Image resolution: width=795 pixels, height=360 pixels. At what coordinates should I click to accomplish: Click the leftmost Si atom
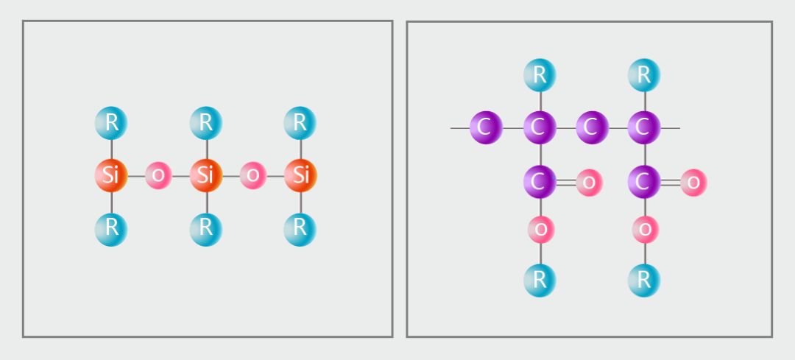(111, 175)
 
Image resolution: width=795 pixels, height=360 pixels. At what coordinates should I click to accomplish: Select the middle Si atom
(205, 175)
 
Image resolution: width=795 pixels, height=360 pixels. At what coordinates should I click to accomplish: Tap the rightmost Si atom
(300, 175)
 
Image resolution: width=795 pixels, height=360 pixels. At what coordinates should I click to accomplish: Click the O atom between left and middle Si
(158, 175)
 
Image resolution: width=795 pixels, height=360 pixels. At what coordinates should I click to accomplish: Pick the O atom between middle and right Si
(252, 175)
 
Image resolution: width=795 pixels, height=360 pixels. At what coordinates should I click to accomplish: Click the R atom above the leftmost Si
(111, 123)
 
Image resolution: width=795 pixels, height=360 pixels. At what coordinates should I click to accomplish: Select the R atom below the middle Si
(205, 229)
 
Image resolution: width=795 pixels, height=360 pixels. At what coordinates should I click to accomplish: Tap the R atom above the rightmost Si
(300, 123)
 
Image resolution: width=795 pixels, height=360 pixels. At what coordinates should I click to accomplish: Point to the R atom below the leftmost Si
(111, 229)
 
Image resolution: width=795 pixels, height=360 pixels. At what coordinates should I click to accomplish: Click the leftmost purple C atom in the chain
(486, 127)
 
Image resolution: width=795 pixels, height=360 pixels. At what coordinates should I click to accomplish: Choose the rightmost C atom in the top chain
(644, 127)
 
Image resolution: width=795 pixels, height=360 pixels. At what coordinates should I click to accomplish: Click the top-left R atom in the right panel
(540, 75)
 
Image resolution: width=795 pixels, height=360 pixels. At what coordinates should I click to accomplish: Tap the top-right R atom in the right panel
(644, 75)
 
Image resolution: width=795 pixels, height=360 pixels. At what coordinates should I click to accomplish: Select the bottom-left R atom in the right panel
(540, 280)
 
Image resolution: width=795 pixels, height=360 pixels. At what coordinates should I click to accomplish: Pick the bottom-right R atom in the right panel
(644, 280)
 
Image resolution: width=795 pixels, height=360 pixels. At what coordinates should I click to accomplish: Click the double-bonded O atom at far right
(693, 182)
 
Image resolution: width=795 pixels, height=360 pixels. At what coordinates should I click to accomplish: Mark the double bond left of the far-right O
(671, 182)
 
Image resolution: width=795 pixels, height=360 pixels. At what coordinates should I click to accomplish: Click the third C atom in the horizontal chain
(592, 127)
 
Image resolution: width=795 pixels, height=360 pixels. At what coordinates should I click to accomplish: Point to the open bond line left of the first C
(460, 128)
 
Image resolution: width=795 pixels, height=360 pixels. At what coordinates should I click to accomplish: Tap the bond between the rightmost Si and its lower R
(300, 202)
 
